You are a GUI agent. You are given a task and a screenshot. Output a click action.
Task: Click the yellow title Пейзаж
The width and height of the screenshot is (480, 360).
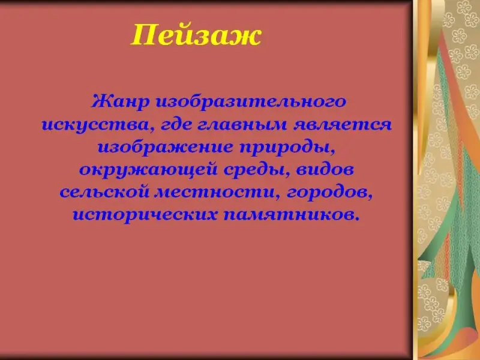[x=196, y=35]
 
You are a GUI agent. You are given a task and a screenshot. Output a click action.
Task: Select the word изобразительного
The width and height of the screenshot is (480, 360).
[x=251, y=102]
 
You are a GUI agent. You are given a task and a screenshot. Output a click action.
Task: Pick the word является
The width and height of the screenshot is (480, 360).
[x=343, y=125]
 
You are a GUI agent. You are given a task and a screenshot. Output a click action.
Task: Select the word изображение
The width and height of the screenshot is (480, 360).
[x=166, y=148]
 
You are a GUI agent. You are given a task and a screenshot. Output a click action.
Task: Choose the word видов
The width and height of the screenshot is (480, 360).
[x=325, y=170]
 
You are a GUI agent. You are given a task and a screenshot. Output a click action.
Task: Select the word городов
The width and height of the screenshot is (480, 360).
[x=326, y=193]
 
